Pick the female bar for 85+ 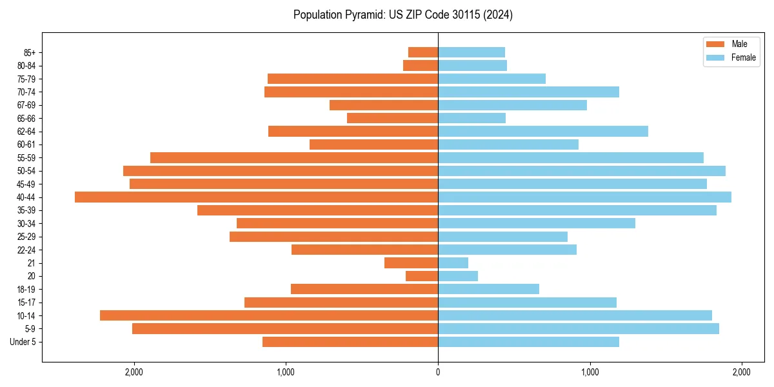click(x=471, y=52)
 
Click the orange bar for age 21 click(x=411, y=263)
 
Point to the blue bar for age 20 click(x=458, y=276)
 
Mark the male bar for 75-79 click(x=353, y=79)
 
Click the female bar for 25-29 click(x=502, y=237)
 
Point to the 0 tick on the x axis click(x=438, y=372)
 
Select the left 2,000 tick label click(x=134, y=372)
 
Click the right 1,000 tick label click(x=590, y=372)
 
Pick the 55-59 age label click(x=26, y=157)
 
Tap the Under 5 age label click(x=23, y=342)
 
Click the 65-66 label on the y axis click(x=26, y=118)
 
